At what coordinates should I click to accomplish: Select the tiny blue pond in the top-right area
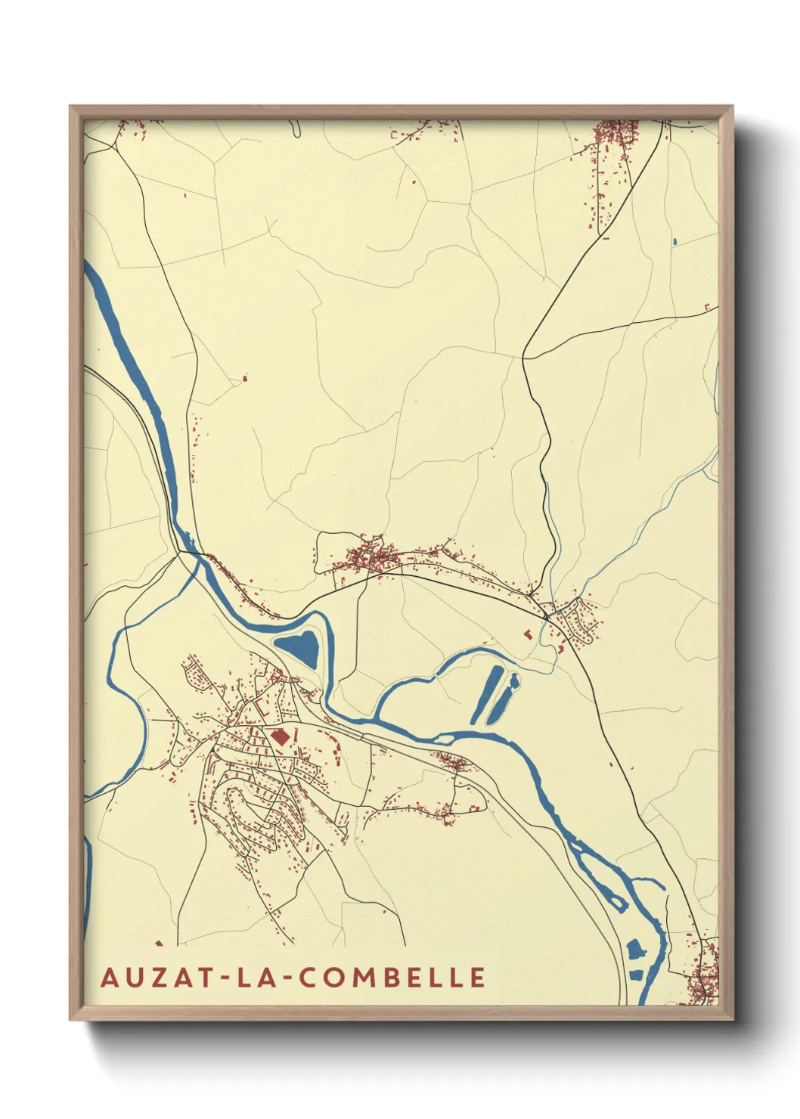[x=674, y=242]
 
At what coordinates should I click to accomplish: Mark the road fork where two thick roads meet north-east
[x=523, y=358]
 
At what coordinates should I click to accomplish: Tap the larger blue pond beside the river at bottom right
[x=634, y=948]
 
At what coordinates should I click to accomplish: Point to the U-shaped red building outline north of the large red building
[x=264, y=709]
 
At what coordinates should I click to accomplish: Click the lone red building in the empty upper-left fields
[x=244, y=377]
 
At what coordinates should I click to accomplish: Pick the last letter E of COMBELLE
[x=477, y=977]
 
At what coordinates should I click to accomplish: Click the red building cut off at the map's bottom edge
[x=159, y=943]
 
